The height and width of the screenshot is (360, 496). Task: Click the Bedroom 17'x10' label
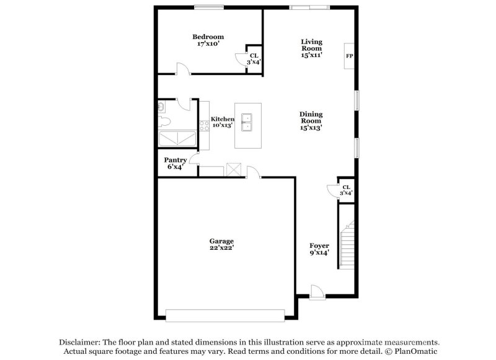pyautogui.click(x=208, y=40)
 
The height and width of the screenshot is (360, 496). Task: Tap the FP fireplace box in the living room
pyautogui.click(x=350, y=56)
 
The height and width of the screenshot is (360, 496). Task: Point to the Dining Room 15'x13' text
pyautogui.click(x=311, y=121)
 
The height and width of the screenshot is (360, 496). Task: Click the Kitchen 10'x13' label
pyautogui.click(x=222, y=122)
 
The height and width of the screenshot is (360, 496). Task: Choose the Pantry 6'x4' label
pyautogui.click(x=174, y=163)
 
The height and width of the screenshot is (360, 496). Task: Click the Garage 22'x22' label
pyautogui.click(x=221, y=244)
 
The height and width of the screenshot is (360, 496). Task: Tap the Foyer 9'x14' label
pyautogui.click(x=319, y=249)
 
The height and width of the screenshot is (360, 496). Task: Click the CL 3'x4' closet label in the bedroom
pyautogui.click(x=253, y=59)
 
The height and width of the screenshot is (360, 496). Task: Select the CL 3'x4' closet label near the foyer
pyautogui.click(x=346, y=190)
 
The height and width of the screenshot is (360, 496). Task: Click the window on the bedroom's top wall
pyautogui.click(x=208, y=7)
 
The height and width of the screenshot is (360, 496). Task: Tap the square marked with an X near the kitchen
pyautogui.click(x=234, y=170)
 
